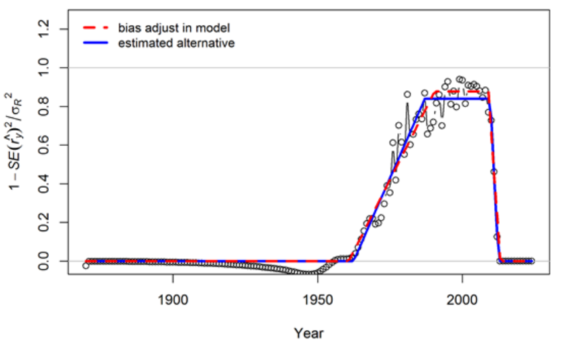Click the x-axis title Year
[308, 333]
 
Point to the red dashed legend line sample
[96, 28]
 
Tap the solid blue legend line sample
[96, 43]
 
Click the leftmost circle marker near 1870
[85, 266]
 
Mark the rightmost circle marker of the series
[532, 261]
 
